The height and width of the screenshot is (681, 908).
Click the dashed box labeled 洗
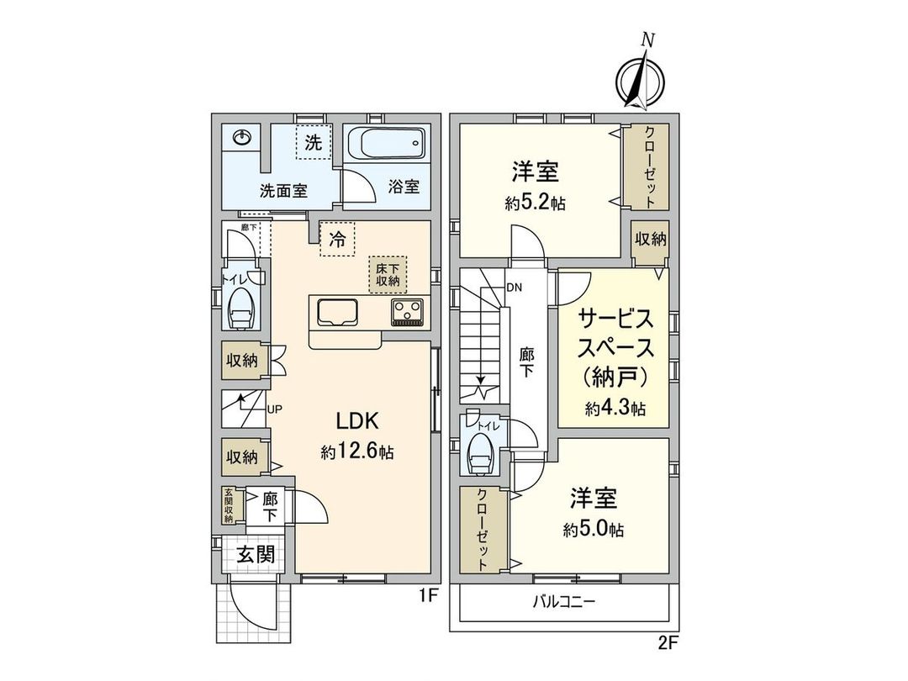(x=313, y=143)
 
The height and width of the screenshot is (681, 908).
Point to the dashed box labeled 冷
(x=336, y=239)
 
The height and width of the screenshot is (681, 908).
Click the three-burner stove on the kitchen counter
(x=409, y=313)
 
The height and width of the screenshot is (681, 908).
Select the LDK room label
(x=361, y=420)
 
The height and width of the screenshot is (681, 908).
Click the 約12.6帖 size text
(x=357, y=451)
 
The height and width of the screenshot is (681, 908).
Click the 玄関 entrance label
(x=254, y=554)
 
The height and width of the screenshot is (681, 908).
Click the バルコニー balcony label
(x=564, y=602)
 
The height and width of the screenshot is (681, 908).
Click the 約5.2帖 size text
(x=536, y=204)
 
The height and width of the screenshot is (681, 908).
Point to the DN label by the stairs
(x=515, y=288)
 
